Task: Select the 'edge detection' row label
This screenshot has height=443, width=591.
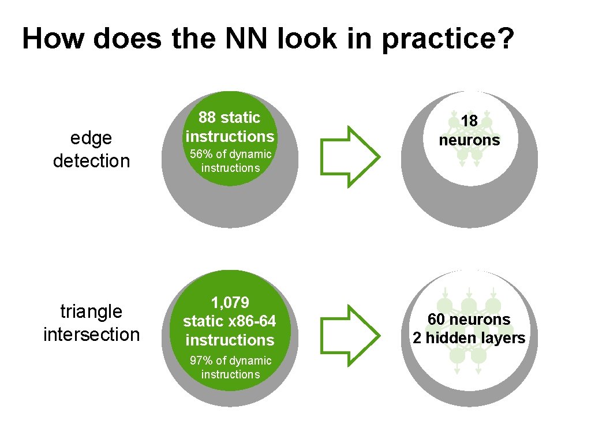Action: pyautogui.click(x=91, y=149)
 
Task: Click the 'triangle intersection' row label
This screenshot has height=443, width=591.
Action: pyautogui.click(x=91, y=323)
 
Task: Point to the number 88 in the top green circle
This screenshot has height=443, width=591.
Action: pyautogui.click(x=207, y=118)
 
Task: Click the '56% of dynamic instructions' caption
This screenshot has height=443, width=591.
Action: pyautogui.click(x=230, y=161)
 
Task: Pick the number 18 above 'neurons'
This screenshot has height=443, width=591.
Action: pyautogui.click(x=469, y=121)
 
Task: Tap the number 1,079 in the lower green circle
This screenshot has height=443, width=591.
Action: pyautogui.click(x=230, y=303)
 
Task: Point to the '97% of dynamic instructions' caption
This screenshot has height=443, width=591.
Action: pyautogui.click(x=230, y=367)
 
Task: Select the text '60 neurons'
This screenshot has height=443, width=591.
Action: pyautogui.click(x=469, y=319)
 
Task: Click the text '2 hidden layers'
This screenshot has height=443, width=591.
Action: pyautogui.click(x=469, y=338)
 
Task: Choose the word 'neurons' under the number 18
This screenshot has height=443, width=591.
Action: pyautogui.click(x=469, y=140)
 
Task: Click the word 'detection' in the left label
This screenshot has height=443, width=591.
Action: pyautogui.click(x=91, y=161)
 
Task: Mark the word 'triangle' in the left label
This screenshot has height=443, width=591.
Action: pyautogui.click(x=91, y=311)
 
